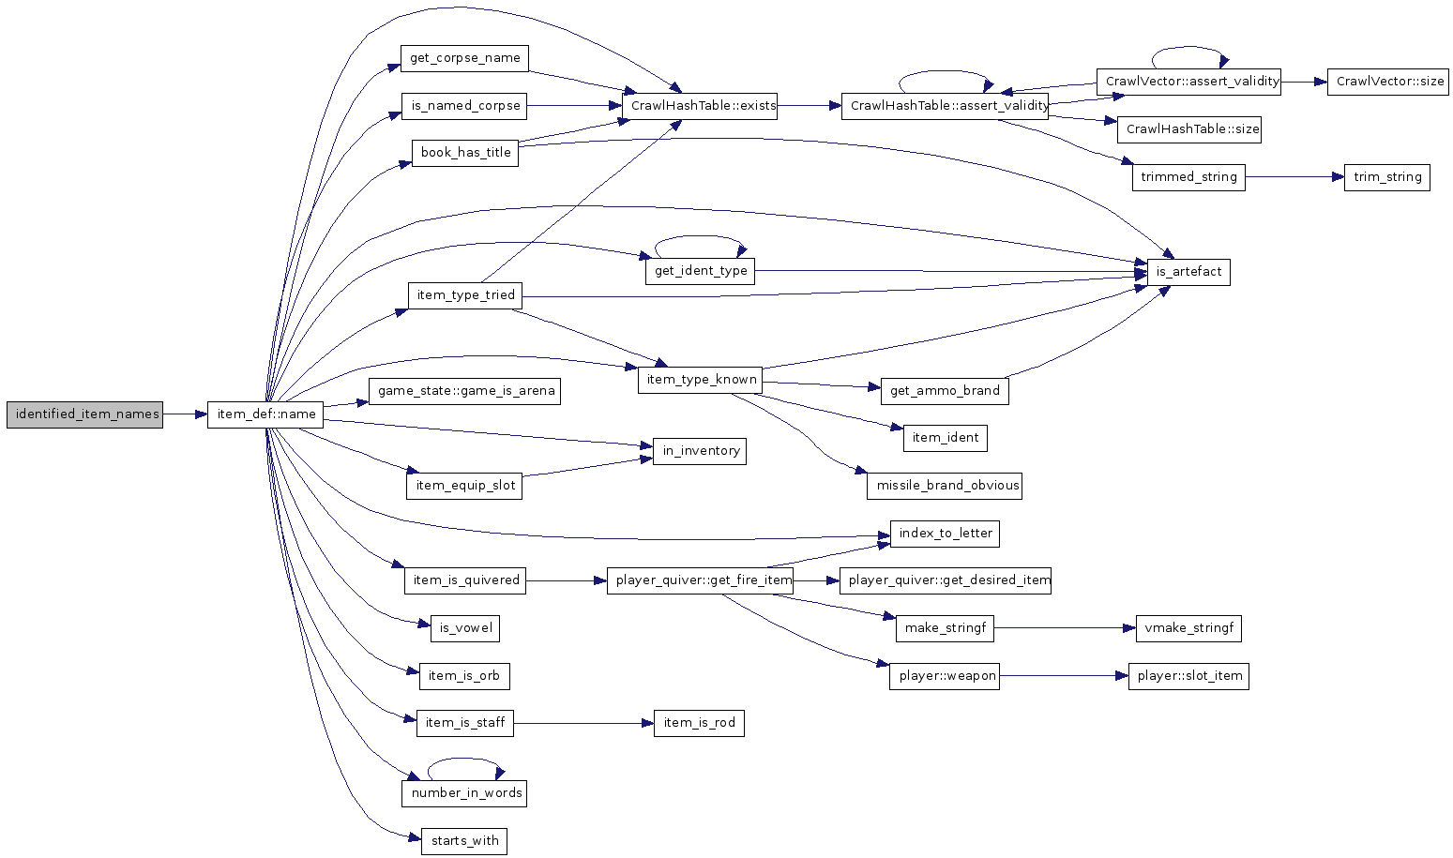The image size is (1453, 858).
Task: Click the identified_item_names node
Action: pos(84,414)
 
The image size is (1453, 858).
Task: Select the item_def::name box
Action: pos(265,414)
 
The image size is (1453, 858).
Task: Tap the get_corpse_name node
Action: pos(464,58)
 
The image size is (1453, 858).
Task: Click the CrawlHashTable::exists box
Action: pos(699,106)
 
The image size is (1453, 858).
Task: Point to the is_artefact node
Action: pos(1188,272)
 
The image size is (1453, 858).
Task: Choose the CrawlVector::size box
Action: pos(1387,82)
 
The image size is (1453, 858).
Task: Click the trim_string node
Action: pos(1386,177)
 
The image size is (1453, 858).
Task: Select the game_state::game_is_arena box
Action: pos(464,391)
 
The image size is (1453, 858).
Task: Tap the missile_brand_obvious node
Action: pos(945,486)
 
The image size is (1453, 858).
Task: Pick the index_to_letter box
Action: pos(945,534)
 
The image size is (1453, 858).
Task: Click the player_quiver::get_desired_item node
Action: pos(946,580)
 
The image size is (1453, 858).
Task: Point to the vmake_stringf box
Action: pos(1188,628)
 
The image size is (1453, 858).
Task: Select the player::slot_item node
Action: pos(1188,676)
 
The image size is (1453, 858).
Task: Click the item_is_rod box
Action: pos(699,723)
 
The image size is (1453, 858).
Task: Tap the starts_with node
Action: pos(463,841)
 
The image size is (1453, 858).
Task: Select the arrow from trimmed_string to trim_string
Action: pos(1294,177)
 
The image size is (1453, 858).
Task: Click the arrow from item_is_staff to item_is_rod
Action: pos(583,723)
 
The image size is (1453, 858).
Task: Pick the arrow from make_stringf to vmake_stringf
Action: pos(1065,628)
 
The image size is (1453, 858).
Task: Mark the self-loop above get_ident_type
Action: pos(699,236)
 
